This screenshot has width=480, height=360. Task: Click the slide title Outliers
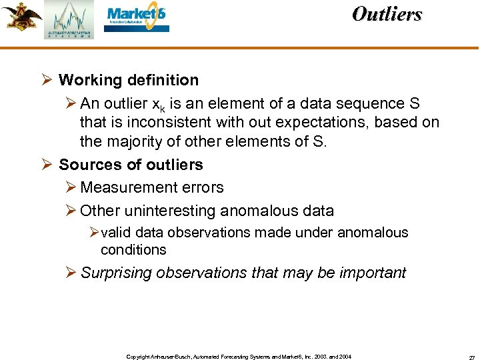pyautogui.click(x=387, y=14)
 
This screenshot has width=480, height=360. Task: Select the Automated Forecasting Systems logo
pyautogui.click(x=69, y=20)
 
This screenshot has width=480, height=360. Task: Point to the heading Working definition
pyautogui.click(x=129, y=81)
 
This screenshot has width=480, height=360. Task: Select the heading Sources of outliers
pyautogui.click(x=131, y=165)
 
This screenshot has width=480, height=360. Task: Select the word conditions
pyautogui.click(x=133, y=250)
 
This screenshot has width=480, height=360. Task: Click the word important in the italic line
pyautogui.click(x=373, y=273)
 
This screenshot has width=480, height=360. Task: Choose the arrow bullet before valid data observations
pyautogui.click(x=93, y=233)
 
